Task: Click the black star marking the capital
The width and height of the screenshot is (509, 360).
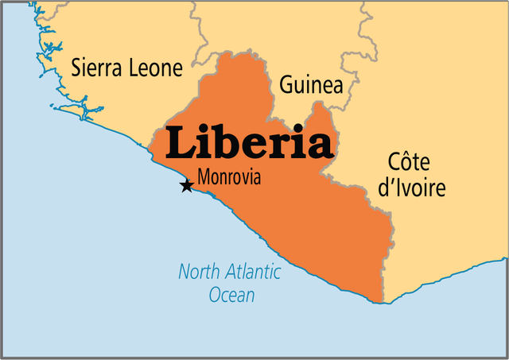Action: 186,186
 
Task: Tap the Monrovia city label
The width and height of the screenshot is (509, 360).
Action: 229,177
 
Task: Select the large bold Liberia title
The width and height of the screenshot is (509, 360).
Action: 247,144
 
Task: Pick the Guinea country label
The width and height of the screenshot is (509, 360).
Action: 311,85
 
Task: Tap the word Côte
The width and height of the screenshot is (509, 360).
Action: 408,163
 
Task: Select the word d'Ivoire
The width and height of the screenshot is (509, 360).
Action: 412,188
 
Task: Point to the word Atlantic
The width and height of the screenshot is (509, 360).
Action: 252,273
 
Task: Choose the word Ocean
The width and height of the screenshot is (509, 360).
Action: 231,296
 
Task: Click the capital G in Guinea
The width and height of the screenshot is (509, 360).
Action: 286,85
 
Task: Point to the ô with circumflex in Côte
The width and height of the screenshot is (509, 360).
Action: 405,163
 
